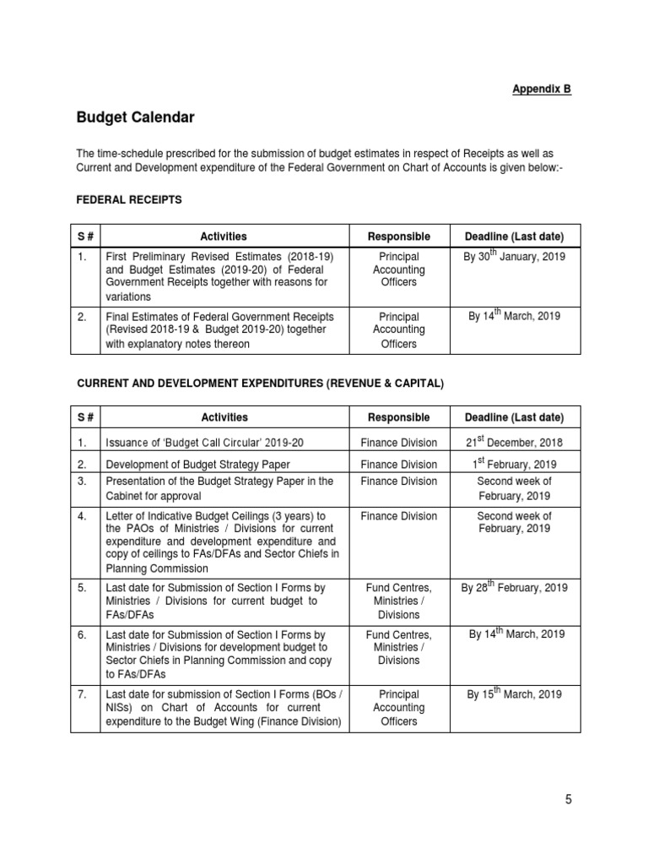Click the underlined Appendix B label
coord(543,89)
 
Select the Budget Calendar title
coord(135,117)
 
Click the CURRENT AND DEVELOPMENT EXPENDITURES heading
coord(260,384)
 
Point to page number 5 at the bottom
coord(568,799)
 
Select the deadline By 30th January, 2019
coord(514,256)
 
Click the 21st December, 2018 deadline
coord(514,442)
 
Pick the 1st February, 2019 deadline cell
coord(514,464)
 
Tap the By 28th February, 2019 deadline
coord(514,587)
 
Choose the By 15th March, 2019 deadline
coord(514,694)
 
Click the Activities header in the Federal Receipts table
coord(224,237)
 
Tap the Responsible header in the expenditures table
coord(398,417)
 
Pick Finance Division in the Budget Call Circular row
coord(398,443)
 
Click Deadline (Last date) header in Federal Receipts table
coord(514,237)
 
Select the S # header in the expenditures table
coord(85,417)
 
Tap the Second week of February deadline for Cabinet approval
coord(514,488)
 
